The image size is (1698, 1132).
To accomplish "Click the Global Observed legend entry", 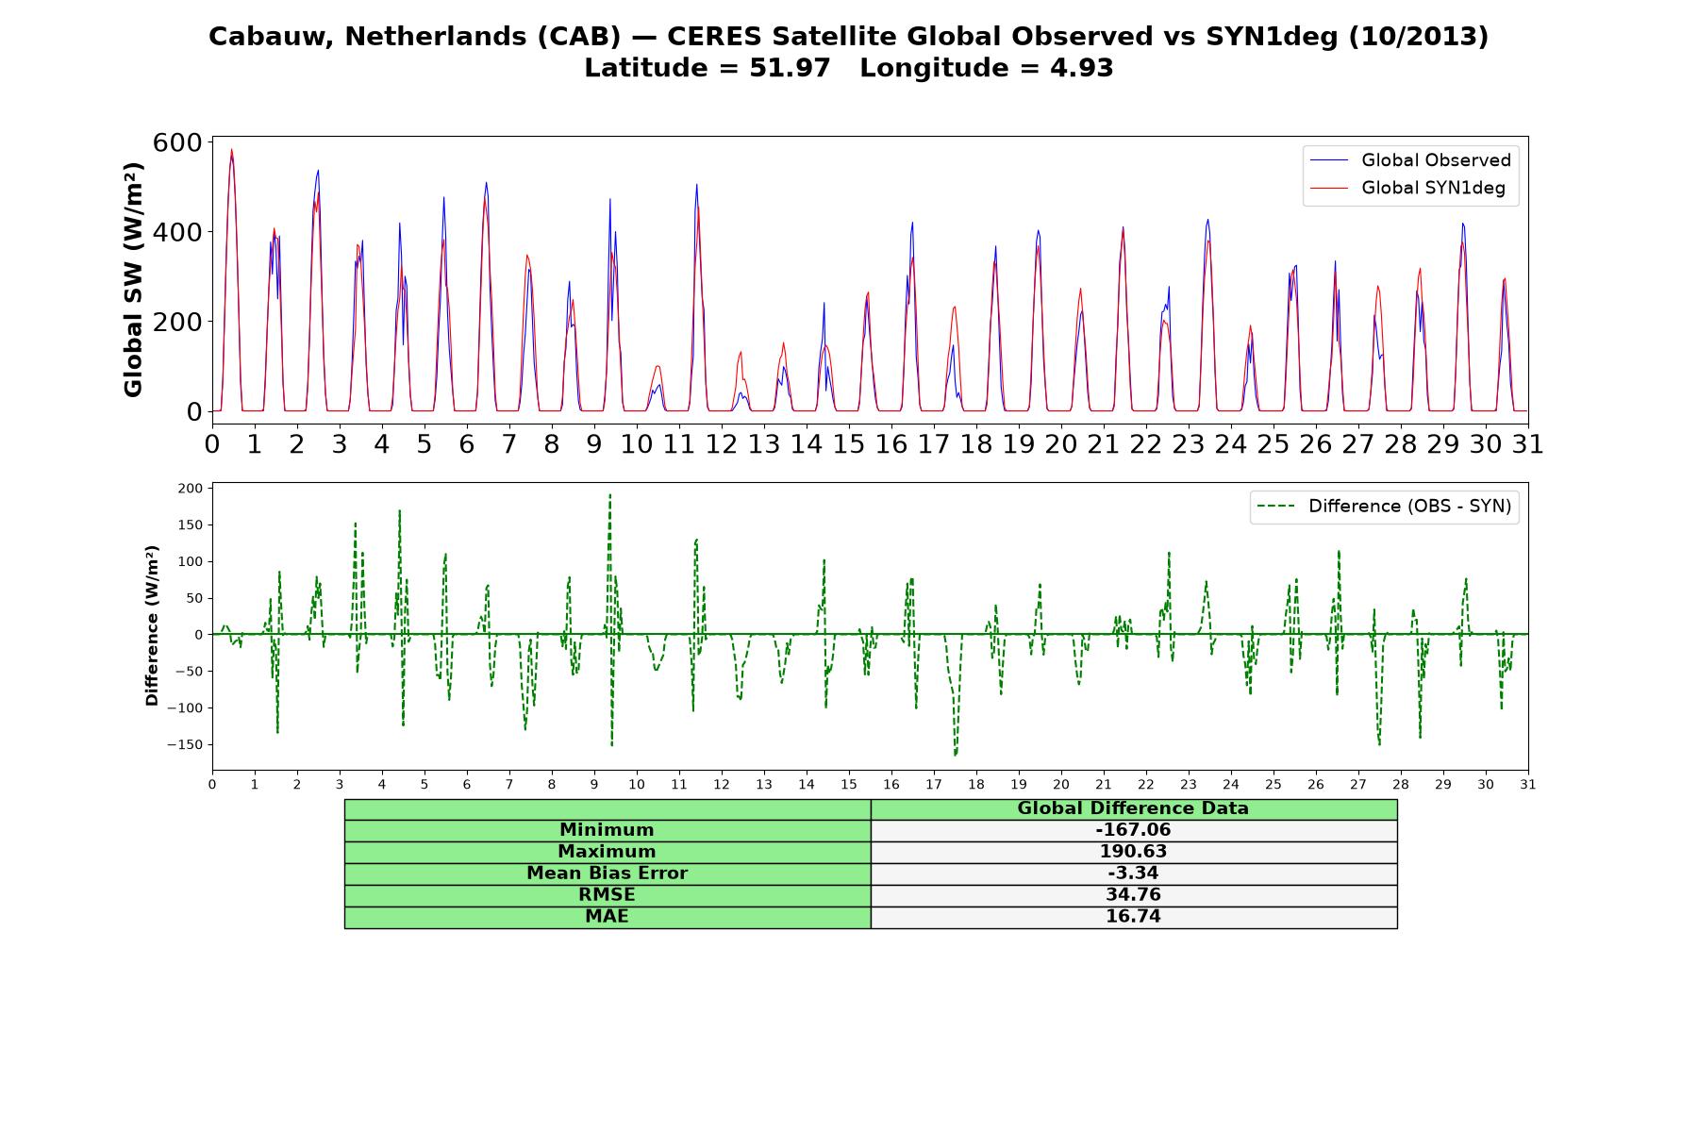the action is [x=1410, y=160].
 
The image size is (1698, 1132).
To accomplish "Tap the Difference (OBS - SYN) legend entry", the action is [x=1384, y=507].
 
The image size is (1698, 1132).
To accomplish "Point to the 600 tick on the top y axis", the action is [x=177, y=142].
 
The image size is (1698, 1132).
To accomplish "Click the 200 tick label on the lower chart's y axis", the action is [x=190, y=488].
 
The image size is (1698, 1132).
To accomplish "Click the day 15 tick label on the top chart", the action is [x=848, y=443].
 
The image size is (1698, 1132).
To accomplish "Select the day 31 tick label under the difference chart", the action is [x=1527, y=784].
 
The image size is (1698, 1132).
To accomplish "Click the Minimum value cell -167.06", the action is [x=1133, y=830].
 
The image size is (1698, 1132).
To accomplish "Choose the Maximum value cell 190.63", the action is [x=1133, y=852].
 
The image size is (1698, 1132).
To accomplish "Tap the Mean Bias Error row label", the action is [x=607, y=874].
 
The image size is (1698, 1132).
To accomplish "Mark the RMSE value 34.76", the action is [x=1133, y=895].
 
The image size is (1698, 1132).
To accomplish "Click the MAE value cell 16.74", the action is [x=1133, y=917].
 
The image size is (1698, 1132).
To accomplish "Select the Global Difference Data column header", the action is [x=1133, y=808].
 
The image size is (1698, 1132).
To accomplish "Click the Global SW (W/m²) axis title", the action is [x=133, y=280].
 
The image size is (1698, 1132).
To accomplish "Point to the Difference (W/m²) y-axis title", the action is [x=152, y=625].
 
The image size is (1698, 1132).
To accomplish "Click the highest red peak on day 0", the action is [x=231, y=149].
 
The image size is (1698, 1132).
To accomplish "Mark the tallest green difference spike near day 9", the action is [x=609, y=494].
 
